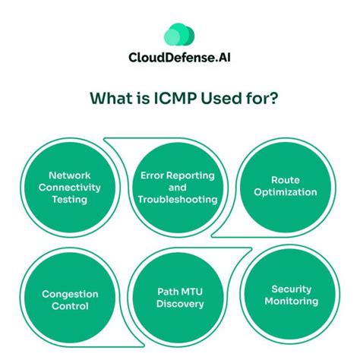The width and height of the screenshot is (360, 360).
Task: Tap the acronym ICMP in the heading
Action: [161, 99]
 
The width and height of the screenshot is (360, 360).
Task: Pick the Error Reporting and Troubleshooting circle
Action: [179, 186]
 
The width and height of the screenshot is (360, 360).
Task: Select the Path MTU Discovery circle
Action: [179, 298]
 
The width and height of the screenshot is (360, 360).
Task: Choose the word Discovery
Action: [179, 305]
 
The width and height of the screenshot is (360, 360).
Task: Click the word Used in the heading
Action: [220, 99]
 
